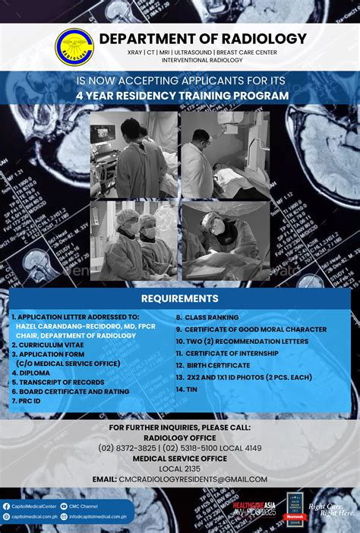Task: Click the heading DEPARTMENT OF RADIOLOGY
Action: (x=203, y=39)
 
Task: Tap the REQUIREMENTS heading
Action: (x=180, y=298)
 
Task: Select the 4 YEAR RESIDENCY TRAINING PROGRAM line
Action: (x=182, y=96)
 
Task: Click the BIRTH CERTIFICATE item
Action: (x=212, y=365)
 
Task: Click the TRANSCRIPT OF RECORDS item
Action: (x=58, y=382)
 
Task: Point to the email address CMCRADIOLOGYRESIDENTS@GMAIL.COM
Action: (x=192, y=479)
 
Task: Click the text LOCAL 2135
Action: (x=180, y=468)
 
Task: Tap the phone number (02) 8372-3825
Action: (x=130, y=448)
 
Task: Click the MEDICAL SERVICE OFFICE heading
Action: (x=180, y=459)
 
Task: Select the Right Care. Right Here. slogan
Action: (x=332, y=509)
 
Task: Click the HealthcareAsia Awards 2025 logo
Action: (x=254, y=509)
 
